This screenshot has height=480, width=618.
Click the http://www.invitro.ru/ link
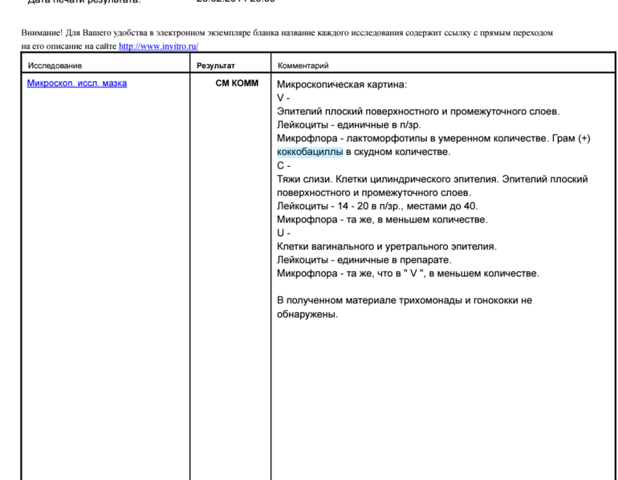158,47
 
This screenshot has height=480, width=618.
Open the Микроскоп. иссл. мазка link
76,83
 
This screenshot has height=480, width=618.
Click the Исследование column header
55,66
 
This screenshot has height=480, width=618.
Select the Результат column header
216,66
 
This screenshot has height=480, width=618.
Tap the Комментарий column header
303,66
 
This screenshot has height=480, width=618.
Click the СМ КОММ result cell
237,83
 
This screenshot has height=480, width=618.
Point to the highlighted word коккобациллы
310,152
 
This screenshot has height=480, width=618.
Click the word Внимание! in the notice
40,33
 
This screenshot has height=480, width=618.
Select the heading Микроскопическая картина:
342,84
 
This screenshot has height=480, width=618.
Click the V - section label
283,98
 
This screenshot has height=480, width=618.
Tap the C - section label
283,165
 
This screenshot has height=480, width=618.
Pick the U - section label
283,233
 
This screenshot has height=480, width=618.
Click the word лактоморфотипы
384,138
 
